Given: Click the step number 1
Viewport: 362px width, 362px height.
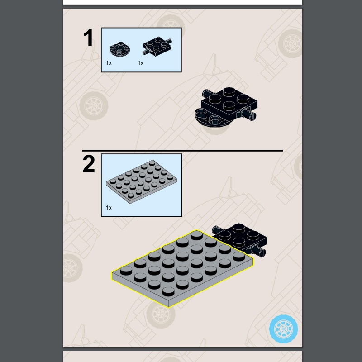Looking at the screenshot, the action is [x=88, y=38].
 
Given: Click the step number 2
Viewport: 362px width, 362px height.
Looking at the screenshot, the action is [x=89, y=164].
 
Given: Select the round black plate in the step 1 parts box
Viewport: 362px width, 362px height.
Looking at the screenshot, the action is [x=120, y=49].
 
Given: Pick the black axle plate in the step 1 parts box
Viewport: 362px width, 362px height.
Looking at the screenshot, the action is [x=157, y=46].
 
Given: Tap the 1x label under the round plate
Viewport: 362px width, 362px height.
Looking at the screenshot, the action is [x=109, y=63].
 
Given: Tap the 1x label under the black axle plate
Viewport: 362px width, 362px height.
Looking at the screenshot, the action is [x=141, y=63].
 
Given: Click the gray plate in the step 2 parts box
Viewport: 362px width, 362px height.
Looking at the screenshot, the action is [x=141, y=182].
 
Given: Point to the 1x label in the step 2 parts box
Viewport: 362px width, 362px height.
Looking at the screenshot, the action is [x=109, y=208].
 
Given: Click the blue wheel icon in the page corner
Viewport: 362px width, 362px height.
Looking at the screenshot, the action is [x=284, y=329].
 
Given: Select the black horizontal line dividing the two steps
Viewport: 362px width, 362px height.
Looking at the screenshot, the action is [x=182, y=151].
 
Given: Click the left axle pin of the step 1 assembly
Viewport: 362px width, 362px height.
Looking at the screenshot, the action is [x=207, y=93].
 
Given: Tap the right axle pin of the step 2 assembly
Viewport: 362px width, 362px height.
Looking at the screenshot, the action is [x=258, y=251].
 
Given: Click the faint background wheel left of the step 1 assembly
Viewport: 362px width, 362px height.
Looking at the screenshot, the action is [x=94, y=106].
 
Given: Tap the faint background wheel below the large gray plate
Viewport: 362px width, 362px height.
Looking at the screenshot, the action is [x=161, y=314].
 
